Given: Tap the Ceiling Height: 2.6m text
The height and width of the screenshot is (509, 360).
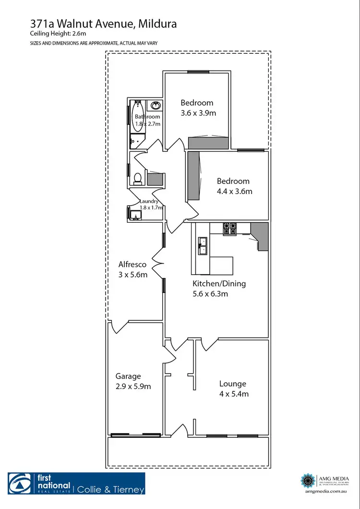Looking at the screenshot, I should coord(51,34).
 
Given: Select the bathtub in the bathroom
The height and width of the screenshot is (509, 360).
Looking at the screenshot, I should coord(137,116).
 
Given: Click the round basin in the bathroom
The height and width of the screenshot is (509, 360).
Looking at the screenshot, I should coord(156,106).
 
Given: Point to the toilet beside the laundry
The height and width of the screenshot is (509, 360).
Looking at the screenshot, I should coord(138,178).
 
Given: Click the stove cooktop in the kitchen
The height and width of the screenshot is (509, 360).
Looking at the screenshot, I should coord(229,229).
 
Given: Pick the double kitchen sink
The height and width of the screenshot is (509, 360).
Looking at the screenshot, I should coord(203,245).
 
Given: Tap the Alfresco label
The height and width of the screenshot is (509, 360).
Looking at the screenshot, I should coord(132,265).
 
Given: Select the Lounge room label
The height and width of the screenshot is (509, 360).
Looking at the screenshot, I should coord(233,384).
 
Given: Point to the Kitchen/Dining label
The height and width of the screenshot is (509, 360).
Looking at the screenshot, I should coord(219,283).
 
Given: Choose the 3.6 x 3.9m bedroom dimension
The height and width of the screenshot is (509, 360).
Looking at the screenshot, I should coord(198,113).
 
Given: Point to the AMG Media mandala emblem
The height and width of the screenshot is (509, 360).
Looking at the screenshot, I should coord(308,480).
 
